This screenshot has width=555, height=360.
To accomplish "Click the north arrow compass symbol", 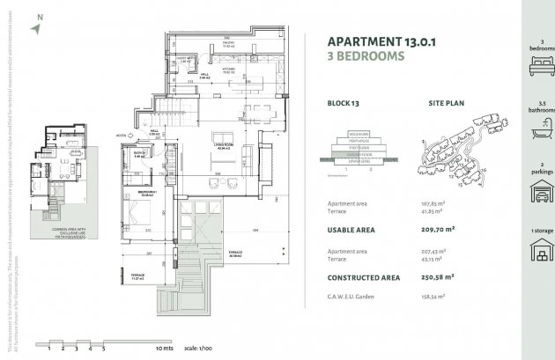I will (x=34, y=26).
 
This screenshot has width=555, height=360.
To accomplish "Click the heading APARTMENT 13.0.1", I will (x=373, y=40).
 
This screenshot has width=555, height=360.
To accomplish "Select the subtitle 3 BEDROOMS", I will (x=366, y=55).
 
